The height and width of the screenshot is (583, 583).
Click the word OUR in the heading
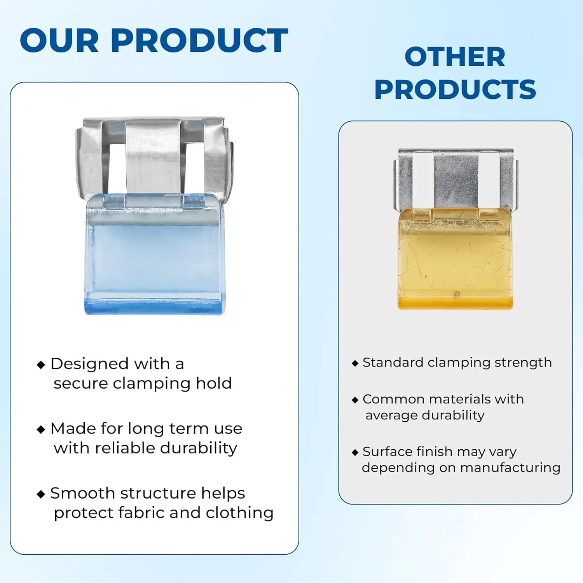59,40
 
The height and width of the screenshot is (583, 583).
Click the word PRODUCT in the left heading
199,40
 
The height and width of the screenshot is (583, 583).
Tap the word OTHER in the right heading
455,57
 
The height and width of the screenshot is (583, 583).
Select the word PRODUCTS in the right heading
455,89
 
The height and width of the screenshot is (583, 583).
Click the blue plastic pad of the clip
155,255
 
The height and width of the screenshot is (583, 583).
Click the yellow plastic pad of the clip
455,259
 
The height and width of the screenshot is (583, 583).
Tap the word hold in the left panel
214,383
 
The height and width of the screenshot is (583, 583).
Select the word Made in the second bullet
73,428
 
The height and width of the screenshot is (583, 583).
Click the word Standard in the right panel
393,362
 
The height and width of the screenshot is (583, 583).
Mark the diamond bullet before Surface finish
355,452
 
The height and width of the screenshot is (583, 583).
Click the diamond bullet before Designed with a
41,365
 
